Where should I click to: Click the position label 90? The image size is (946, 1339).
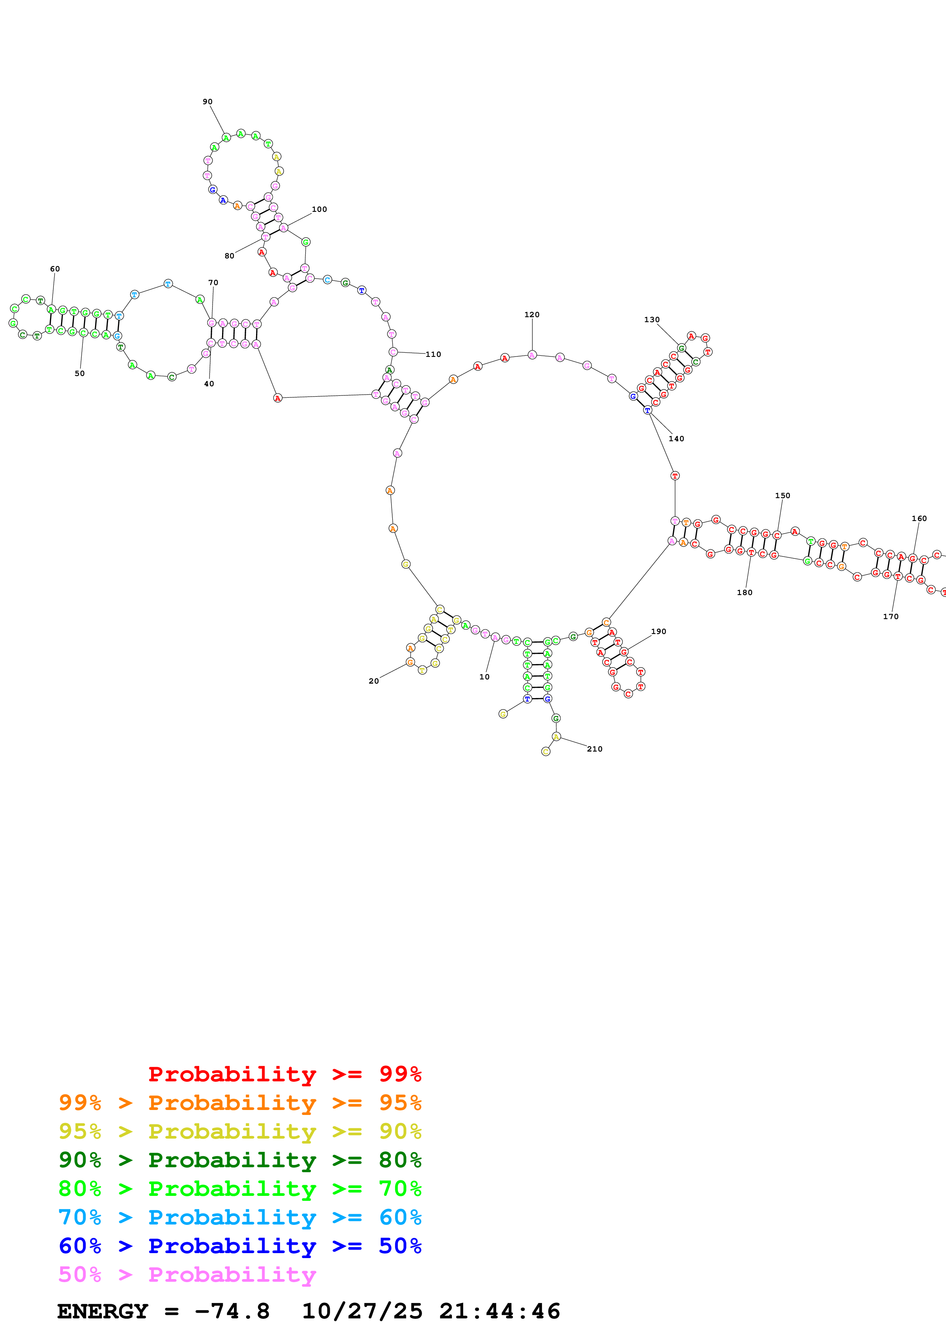pos(208,102)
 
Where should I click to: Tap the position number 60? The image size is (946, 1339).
pos(55,269)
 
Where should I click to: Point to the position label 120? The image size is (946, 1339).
pos(532,315)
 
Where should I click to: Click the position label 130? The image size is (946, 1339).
pos(652,319)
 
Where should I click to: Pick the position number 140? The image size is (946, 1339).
pos(676,439)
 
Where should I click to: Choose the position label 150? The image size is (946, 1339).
pos(782,496)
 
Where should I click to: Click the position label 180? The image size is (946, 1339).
pos(745,592)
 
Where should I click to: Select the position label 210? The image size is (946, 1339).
pos(595,749)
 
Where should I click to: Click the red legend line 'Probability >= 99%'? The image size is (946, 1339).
pos(284,1074)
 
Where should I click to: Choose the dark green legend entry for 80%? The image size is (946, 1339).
pos(240,1160)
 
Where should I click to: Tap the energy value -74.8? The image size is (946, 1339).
pos(232,1311)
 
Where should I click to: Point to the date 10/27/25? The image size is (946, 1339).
pos(362,1311)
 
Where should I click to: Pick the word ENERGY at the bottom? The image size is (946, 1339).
pos(103,1311)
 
